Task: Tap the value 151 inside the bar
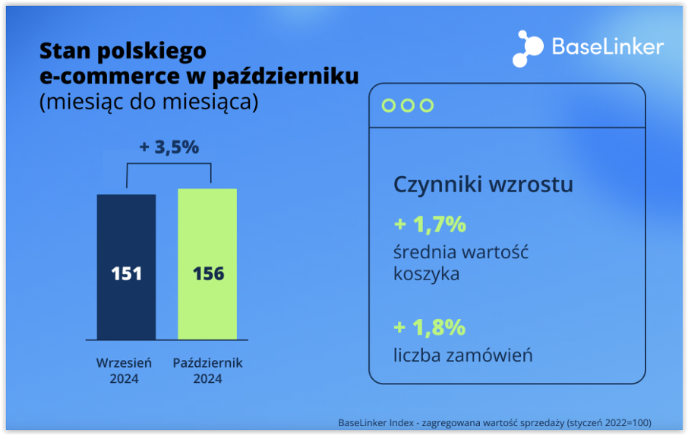(126, 273)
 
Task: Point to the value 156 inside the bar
(208, 273)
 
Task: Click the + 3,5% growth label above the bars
(169, 147)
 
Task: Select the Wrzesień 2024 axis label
(124, 370)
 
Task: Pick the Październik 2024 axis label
(207, 370)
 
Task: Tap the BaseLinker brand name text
(608, 47)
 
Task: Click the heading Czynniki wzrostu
(483, 185)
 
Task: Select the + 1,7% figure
(430, 225)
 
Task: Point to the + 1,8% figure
(430, 327)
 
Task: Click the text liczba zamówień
(463, 355)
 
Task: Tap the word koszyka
(427, 274)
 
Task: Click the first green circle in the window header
(389, 106)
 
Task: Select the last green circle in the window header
(427, 106)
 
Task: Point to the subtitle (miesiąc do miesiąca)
(149, 102)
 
